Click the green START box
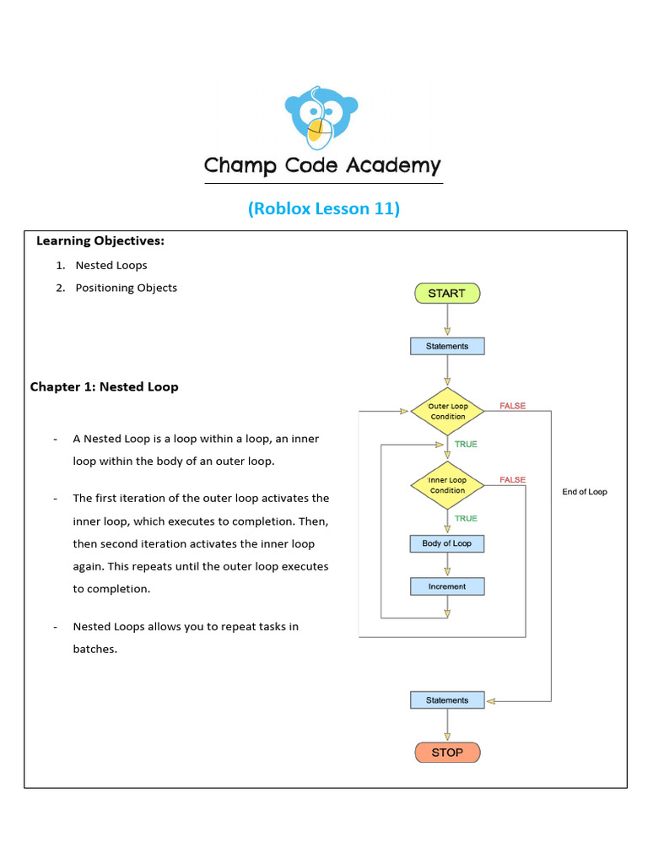click(x=446, y=294)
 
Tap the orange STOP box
click(x=447, y=752)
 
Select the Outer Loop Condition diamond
click(x=447, y=412)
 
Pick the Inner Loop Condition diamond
click(x=447, y=485)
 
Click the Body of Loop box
click(x=447, y=543)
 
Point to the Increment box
click(x=447, y=586)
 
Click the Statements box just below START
click(x=447, y=346)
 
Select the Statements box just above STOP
click(x=447, y=699)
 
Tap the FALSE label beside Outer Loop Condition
click(x=512, y=406)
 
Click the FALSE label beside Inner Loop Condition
click(x=512, y=479)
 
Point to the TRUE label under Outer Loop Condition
click(x=466, y=444)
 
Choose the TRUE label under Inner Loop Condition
click(x=466, y=518)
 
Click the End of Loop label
click(x=585, y=492)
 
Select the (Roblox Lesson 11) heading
click(x=324, y=208)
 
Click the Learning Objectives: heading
click(x=100, y=241)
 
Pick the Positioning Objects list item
click(x=126, y=288)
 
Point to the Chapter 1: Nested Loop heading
click(x=105, y=386)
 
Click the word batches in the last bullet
click(x=94, y=649)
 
